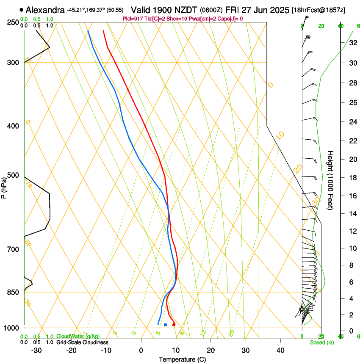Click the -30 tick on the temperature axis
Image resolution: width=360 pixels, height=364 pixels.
(36, 350)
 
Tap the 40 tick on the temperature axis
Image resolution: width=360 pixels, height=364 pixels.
(280, 350)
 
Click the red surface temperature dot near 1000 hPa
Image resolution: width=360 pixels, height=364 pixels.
(174, 325)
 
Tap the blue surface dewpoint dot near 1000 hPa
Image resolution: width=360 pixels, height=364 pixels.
(166, 325)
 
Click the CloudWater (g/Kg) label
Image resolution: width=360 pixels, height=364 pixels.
(78, 336)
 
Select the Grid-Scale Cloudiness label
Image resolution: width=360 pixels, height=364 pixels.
(82, 342)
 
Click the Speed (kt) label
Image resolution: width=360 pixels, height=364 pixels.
(321, 342)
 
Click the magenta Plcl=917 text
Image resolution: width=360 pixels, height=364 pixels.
(134, 19)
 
